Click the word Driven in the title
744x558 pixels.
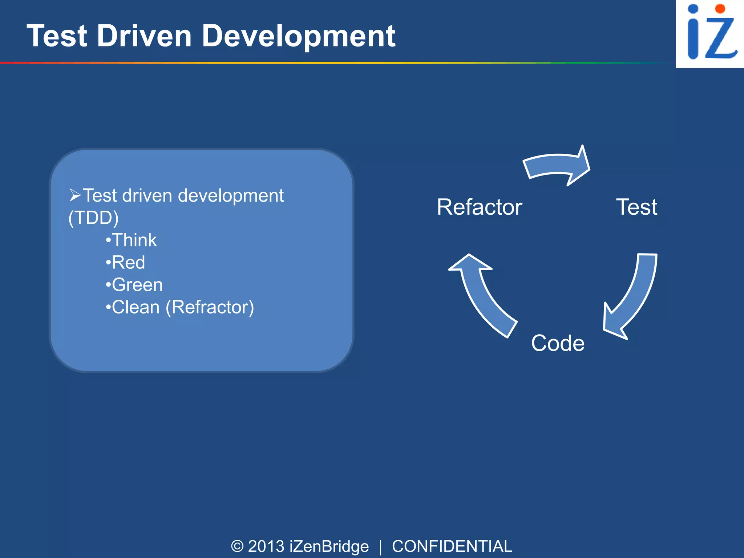pyautogui.click(x=144, y=36)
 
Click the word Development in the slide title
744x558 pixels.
pyautogui.click(x=298, y=36)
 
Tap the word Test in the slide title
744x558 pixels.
pyautogui.click(x=57, y=36)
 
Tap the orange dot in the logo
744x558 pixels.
pyautogui.click(x=720, y=9)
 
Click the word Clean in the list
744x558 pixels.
pyautogui.click(x=136, y=307)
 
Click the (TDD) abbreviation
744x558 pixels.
pyautogui.click(x=93, y=218)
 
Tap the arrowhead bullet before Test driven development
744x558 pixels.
pyautogui.click(x=75, y=195)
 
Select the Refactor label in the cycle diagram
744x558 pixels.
pyautogui.click(x=479, y=207)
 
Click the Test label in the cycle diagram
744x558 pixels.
pyautogui.click(x=636, y=207)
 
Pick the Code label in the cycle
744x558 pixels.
pyautogui.click(x=558, y=343)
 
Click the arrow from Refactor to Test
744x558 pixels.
pyautogui.click(x=556, y=165)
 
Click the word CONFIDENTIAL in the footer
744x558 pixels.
pyautogui.click(x=452, y=546)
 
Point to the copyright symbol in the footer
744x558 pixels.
pyautogui.click(x=237, y=546)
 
